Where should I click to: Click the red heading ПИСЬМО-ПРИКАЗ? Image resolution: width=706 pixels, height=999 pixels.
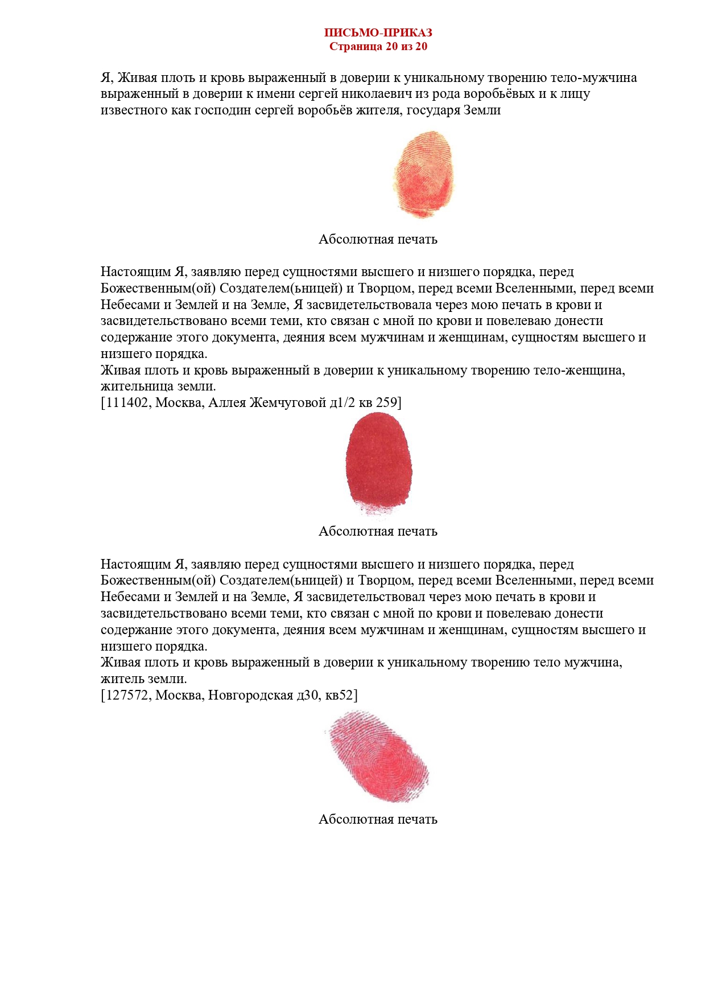[x=378, y=33]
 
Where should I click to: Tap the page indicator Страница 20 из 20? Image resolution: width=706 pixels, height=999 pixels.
[x=378, y=47]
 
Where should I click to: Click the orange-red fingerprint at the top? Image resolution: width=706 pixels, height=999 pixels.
[x=424, y=174]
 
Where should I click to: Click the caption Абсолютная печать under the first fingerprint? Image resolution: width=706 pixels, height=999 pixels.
[x=378, y=239]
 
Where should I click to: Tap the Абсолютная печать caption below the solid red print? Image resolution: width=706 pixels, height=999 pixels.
[x=378, y=531]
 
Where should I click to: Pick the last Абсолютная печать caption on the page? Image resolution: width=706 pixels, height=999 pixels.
[x=378, y=819]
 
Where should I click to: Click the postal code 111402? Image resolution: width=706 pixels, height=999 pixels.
[x=125, y=403]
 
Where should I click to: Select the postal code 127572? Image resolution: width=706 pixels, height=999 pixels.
[x=125, y=695]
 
